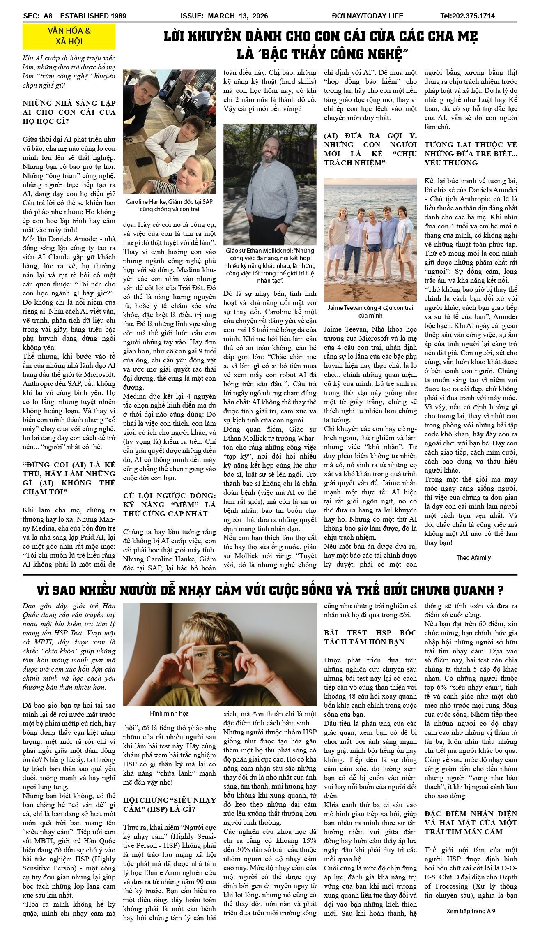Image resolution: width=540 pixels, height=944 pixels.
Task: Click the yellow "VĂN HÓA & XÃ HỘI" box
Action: coord(69,36)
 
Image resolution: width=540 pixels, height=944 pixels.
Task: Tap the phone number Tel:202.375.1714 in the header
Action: coord(467,16)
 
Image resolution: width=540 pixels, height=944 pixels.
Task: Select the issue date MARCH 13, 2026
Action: coord(238,16)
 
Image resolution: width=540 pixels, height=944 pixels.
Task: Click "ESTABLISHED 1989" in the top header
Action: coord(93,16)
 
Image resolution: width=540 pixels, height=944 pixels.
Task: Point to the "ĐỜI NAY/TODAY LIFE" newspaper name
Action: coord(368,16)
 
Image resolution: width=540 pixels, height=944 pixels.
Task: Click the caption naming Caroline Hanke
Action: coord(169,205)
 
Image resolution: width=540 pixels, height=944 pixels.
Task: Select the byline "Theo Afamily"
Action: coord(473,557)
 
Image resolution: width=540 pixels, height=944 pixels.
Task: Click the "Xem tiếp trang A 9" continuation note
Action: coord(471,911)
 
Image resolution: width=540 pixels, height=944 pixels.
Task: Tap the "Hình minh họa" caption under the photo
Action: coord(169,713)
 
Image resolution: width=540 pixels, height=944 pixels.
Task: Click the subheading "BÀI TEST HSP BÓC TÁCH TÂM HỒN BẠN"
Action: coord(370,637)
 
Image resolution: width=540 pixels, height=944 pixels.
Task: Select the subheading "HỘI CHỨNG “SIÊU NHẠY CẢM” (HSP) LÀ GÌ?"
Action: coord(169,804)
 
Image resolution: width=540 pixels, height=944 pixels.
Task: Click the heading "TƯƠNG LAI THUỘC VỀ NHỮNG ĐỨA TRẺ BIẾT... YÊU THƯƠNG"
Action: coord(471,153)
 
